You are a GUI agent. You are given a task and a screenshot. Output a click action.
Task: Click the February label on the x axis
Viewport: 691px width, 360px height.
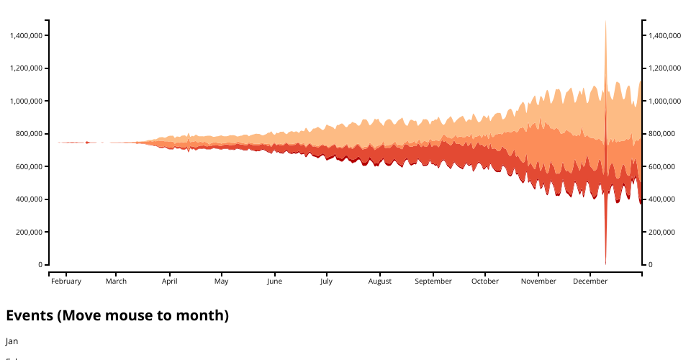tap(66, 282)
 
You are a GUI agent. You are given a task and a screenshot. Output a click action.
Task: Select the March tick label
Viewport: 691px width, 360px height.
tap(116, 282)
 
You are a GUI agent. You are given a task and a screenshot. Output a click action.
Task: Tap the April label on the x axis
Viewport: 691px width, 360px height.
tap(170, 282)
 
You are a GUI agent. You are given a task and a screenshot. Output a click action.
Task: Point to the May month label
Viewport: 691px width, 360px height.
tap(221, 282)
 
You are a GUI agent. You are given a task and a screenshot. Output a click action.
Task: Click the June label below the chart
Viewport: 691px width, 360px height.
tap(274, 282)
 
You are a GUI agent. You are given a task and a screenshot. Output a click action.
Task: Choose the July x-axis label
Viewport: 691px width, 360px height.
tap(327, 282)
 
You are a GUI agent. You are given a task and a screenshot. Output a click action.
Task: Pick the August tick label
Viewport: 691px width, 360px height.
tap(380, 282)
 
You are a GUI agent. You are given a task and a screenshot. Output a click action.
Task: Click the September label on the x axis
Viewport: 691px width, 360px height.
tap(433, 282)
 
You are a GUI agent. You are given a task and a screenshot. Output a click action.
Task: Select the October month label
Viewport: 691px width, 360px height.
tap(485, 282)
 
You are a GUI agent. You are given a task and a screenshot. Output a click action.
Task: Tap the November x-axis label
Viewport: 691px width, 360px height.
tap(538, 282)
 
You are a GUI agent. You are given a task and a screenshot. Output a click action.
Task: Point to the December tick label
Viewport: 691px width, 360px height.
tap(590, 282)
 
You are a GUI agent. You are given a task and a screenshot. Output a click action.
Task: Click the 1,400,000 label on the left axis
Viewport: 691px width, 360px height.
tap(26, 35)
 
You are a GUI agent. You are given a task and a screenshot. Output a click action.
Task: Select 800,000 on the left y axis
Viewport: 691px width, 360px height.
tap(30, 134)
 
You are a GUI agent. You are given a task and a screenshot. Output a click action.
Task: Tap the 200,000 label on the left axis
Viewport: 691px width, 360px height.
tap(30, 232)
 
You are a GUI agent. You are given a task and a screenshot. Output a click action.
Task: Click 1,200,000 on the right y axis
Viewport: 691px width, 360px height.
tap(664, 68)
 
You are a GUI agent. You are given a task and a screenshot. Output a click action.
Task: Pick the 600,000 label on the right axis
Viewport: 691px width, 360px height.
tap(661, 166)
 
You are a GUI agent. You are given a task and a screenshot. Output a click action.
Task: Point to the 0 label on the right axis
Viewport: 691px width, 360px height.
tap(650, 265)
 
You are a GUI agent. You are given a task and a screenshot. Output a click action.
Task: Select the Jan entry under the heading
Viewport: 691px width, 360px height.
tap(12, 341)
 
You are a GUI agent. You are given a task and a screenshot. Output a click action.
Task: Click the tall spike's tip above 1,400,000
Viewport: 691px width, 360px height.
tap(605, 22)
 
